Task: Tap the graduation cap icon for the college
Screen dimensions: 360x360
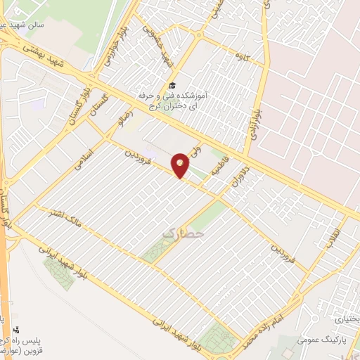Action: tap(172, 86)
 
